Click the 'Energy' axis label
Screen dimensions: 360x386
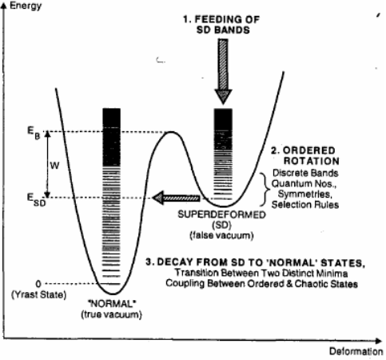coord(26,6)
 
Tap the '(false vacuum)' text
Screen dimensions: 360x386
coord(228,233)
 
